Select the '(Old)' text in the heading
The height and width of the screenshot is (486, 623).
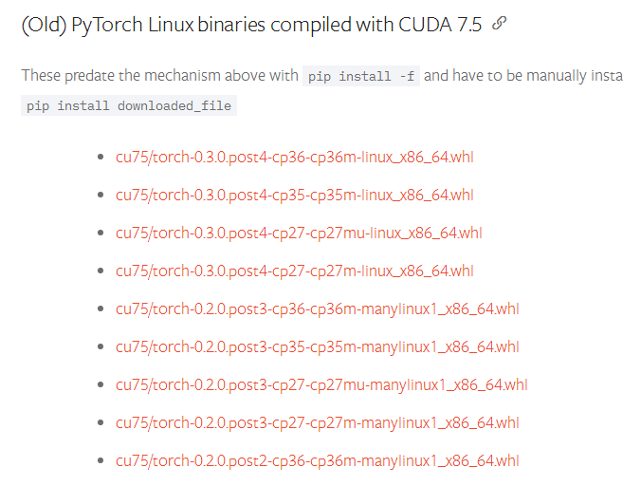pyautogui.click(x=43, y=26)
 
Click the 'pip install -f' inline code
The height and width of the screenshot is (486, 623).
pyautogui.click(x=360, y=76)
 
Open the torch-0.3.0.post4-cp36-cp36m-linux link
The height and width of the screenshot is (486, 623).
pyautogui.click(x=294, y=157)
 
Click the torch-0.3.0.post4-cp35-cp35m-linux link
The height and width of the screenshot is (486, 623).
pyautogui.click(x=294, y=195)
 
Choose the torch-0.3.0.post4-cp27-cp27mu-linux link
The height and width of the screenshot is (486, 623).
pyautogui.click(x=299, y=233)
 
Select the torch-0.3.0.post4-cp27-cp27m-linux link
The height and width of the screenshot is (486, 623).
pyautogui.click(x=294, y=271)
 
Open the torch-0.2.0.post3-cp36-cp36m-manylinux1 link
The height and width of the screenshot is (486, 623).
pyautogui.click(x=318, y=308)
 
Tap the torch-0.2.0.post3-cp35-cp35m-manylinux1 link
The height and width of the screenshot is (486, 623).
pyautogui.click(x=318, y=346)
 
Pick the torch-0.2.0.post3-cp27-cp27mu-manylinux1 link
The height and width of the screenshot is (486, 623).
pyautogui.click(x=321, y=384)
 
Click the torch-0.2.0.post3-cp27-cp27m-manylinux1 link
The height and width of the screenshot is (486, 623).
pyautogui.click(x=318, y=422)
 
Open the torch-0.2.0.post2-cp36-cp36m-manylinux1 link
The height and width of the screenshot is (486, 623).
pyautogui.click(x=318, y=460)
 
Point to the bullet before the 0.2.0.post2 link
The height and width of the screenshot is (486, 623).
pyautogui.click(x=101, y=460)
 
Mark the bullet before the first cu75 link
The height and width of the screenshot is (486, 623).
pyautogui.click(x=101, y=157)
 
